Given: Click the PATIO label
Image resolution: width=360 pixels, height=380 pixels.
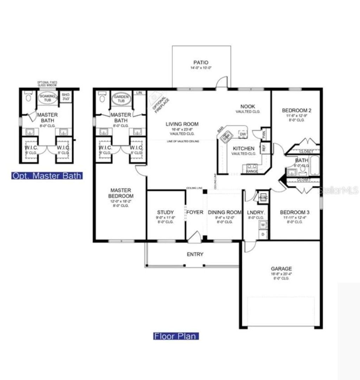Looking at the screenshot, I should click(200, 63).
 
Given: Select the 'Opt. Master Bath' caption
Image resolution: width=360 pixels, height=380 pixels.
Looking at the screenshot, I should click(47, 175).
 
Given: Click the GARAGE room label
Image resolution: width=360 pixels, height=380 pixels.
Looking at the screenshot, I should click(281, 269).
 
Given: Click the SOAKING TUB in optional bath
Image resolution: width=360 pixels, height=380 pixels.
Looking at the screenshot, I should click(47, 98).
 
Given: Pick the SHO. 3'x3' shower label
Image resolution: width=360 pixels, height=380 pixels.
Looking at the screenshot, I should click(66, 97).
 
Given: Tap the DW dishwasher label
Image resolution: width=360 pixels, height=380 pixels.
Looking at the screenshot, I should click(243, 134).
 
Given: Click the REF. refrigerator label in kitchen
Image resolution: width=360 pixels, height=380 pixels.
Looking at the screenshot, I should click(263, 148).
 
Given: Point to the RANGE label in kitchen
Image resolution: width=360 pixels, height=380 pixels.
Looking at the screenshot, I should click(252, 171).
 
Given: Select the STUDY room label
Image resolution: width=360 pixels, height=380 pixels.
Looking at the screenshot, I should click(165, 212).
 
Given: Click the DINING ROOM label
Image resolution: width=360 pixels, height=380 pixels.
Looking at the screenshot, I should click(225, 212).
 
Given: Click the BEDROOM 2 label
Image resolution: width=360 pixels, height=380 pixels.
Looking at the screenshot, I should click(296, 110).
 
